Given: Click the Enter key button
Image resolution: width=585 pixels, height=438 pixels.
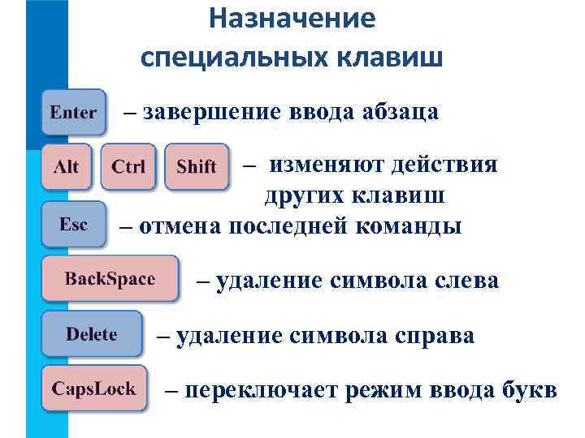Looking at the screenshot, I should pyautogui.click(x=73, y=113).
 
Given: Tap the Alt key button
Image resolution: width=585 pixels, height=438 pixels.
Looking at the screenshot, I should pyautogui.click(x=67, y=167).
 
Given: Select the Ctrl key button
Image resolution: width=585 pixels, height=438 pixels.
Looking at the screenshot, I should pyautogui.click(x=128, y=167).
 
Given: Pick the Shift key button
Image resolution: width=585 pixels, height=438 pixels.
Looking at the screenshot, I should pyautogui.click(x=196, y=167).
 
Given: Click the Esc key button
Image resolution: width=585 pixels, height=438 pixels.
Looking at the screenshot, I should pyautogui.click(x=73, y=224).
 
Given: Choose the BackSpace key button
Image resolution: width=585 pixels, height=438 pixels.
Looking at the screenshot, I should pyautogui.click(x=110, y=279).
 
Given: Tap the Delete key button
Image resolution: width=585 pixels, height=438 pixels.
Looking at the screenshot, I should pyautogui.click(x=92, y=334).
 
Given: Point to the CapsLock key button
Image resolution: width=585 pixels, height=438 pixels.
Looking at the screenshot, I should pyautogui.click(x=94, y=388).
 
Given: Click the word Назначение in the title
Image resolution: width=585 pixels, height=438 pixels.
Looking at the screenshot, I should pyautogui.click(x=292, y=19).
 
